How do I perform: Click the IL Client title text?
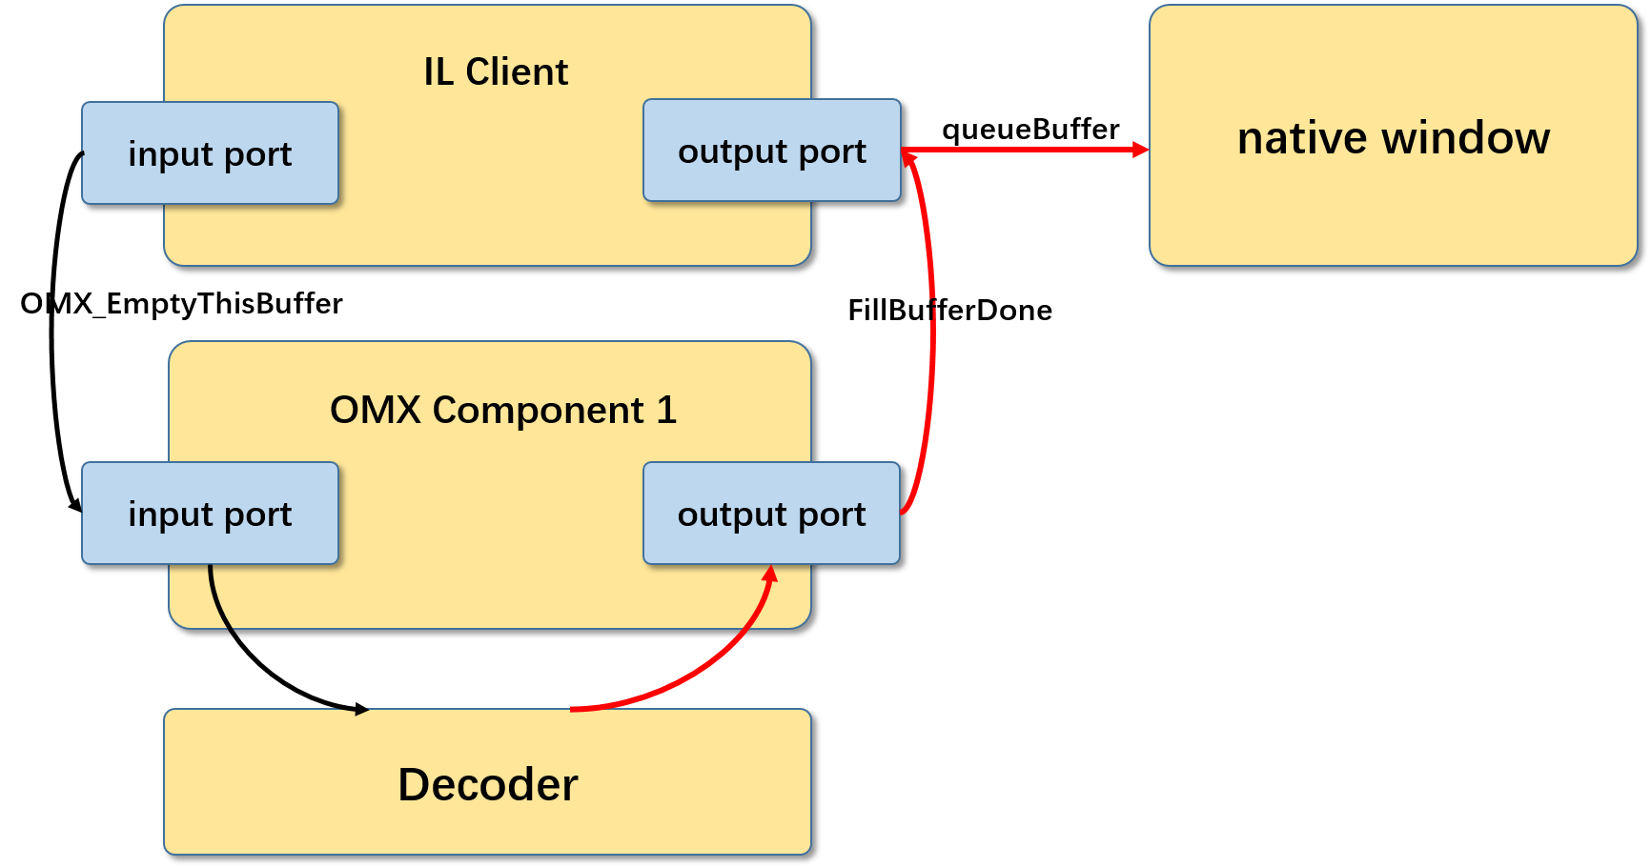tap(496, 72)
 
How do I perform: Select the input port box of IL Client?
tap(210, 153)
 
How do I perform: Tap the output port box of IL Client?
tap(771, 151)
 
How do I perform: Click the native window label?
tap(1393, 138)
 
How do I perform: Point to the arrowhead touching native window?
tap(1141, 150)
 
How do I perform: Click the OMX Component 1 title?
tap(502, 411)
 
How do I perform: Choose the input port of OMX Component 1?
tap(210, 514)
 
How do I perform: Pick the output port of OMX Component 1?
tap(771, 514)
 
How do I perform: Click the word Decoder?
tap(487, 785)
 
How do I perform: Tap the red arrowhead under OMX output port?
tap(770, 574)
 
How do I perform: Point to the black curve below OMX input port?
tap(217, 600)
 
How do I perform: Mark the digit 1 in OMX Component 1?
tap(666, 411)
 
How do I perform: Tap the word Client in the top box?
tap(517, 72)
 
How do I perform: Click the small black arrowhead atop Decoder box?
tap(361, 711)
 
